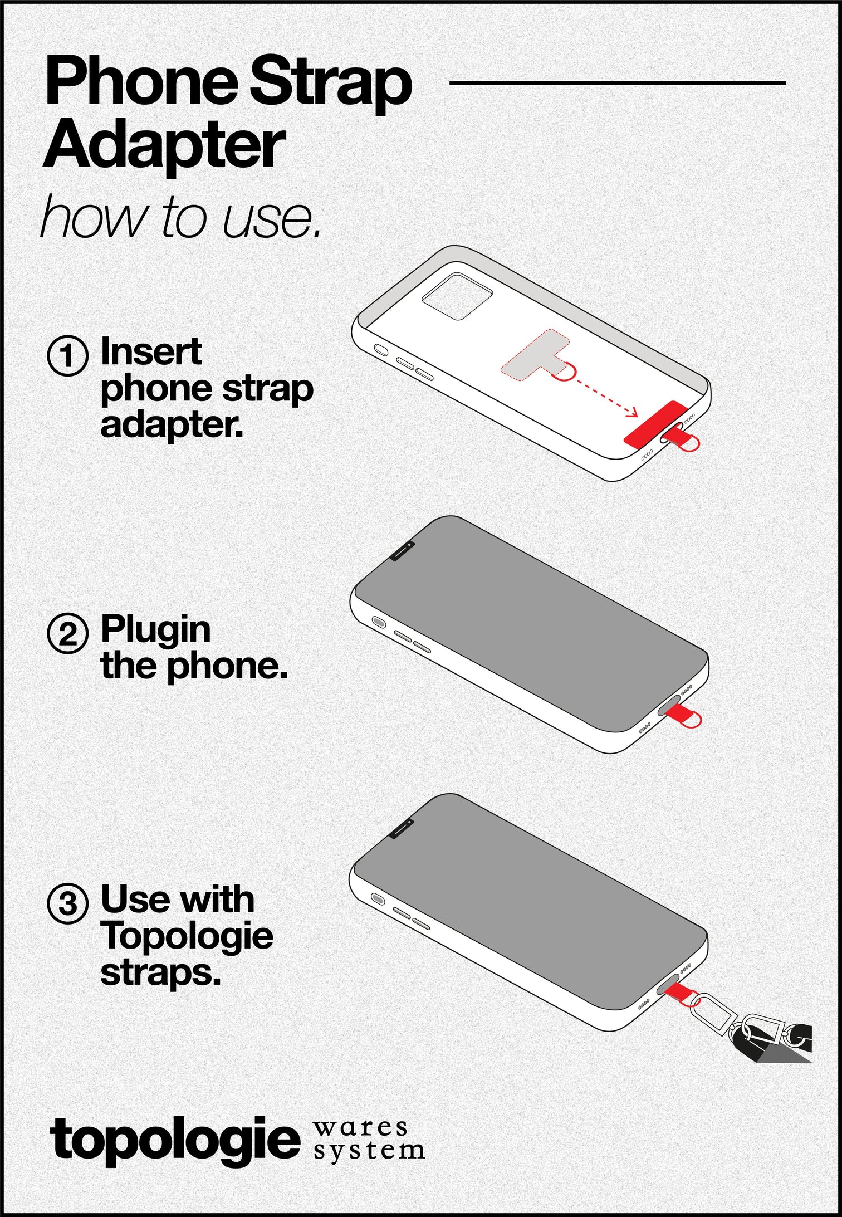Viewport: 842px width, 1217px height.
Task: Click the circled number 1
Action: coord(67,355)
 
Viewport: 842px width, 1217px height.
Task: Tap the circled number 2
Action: coord(67,633)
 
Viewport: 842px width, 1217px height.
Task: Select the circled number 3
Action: coord(67,903)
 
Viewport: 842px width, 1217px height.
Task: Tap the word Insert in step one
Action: coord(151,352)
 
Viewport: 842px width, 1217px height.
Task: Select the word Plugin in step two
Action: coord(155,631)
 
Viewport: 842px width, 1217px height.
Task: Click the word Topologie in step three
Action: coord(187,936)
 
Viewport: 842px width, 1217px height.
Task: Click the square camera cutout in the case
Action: coord(457,296)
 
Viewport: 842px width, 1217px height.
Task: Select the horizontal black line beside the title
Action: coord(617,83)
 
